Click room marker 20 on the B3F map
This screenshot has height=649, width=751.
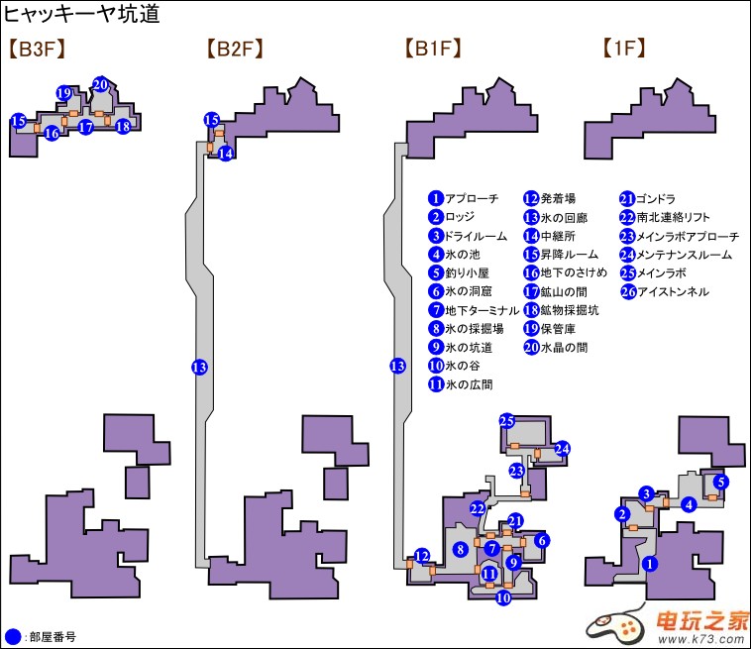(x=100, y=84)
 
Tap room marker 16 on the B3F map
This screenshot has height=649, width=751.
(x=52, y=133)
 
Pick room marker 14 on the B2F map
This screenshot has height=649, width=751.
(x=226, y=153)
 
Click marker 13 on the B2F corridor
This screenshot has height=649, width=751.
(x=199, y=367)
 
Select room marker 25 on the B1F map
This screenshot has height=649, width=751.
(x=508, y=421)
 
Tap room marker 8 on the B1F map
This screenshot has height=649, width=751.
(x=460, y=549)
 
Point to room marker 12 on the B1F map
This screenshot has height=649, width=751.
(x=422, y=555)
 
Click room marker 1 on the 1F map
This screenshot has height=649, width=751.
(x=650, y=563)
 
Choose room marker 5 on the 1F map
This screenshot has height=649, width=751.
(x=721, y=483)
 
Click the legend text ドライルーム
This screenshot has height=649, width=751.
(x=476, y=236)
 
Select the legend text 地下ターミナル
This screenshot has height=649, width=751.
(x=482, y=310)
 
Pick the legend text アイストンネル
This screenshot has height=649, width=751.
(x=673, y=291)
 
